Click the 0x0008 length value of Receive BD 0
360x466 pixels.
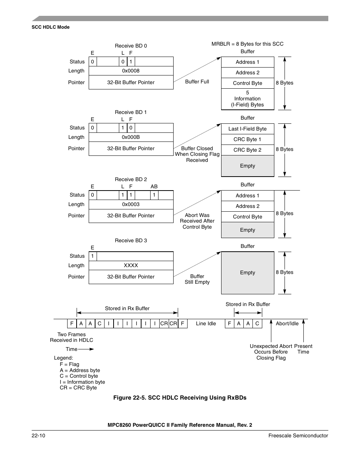tap(131, 71)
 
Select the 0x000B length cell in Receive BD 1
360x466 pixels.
tap(131, 137)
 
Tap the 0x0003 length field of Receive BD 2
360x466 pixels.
tap(131, 205)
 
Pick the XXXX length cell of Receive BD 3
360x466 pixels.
tap(131, 266)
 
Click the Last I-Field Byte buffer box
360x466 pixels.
tap(248, 129)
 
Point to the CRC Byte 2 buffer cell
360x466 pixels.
tap(248, 150)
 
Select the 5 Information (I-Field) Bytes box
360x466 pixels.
tap(248, 99)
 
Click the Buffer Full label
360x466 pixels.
tap(197, 82)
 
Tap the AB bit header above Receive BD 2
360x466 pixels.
tap(154, 187)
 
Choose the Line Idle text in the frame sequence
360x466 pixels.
tap(206, 324)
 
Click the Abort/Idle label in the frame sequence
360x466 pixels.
tap(287, 324)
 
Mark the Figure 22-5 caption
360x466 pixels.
tap(180, 398)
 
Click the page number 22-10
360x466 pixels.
tap(38, 436)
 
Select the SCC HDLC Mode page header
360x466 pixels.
tap(51, 27)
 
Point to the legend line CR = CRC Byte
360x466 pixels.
tap(78, 388)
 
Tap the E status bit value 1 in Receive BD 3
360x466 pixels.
tap(93, 256)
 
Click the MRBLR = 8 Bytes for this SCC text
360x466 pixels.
tap(248, 44)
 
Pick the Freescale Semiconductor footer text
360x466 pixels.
tap(298, 436)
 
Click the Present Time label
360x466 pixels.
tap(303, 349)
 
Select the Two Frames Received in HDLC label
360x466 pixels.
tap(72, 337)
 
